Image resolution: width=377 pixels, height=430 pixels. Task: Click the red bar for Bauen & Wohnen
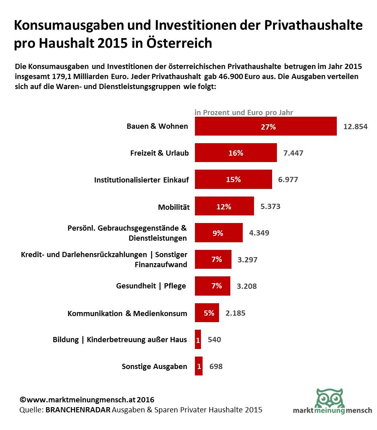pos(265,126)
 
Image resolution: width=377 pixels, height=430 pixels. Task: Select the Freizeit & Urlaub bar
pos(236,153)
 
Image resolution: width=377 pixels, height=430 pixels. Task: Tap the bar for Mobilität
pos(224,206)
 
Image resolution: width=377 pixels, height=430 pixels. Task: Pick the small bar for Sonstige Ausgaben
pos(199,366)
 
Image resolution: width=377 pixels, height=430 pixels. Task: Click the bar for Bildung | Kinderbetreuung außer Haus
pos(198,339)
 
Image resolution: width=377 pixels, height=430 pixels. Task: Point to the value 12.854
pos(355,127)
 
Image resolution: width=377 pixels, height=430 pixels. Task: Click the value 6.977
pos(288,179)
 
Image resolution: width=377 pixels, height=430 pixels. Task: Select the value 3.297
pos(247,260)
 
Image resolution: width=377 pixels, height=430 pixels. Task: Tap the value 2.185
pos(236,313)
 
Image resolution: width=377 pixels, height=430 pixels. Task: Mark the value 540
pos(214,339)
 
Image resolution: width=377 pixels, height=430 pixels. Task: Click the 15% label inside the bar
pos(233,179)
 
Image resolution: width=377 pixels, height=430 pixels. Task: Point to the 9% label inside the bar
pos(218,233)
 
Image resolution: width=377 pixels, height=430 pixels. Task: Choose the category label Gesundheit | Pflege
pos(151,286)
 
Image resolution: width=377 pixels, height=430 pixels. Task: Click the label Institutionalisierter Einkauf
pos(141,180)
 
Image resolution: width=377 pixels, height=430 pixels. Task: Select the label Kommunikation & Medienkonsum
pos(127,313)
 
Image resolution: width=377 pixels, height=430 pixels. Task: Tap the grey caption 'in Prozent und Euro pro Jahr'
pos(244,112)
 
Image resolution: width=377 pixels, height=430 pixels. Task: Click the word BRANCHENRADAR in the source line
pos(78,410)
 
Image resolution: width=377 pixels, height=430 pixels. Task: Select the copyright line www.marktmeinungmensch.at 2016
pos(87,400)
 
